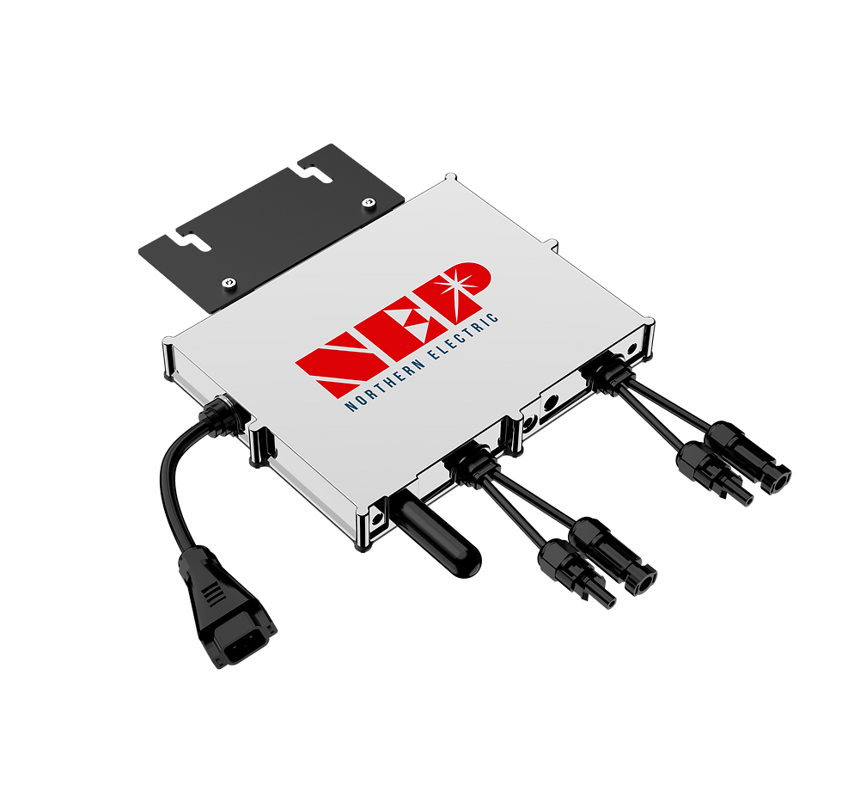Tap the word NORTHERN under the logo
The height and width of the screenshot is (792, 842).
pyautogui.click(x=386, y=383)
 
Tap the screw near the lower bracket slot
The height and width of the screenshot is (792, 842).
pyautogui.click(x=229, y=282)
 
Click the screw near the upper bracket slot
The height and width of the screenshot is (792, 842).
pyautogui.click(x=368, y=203)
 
